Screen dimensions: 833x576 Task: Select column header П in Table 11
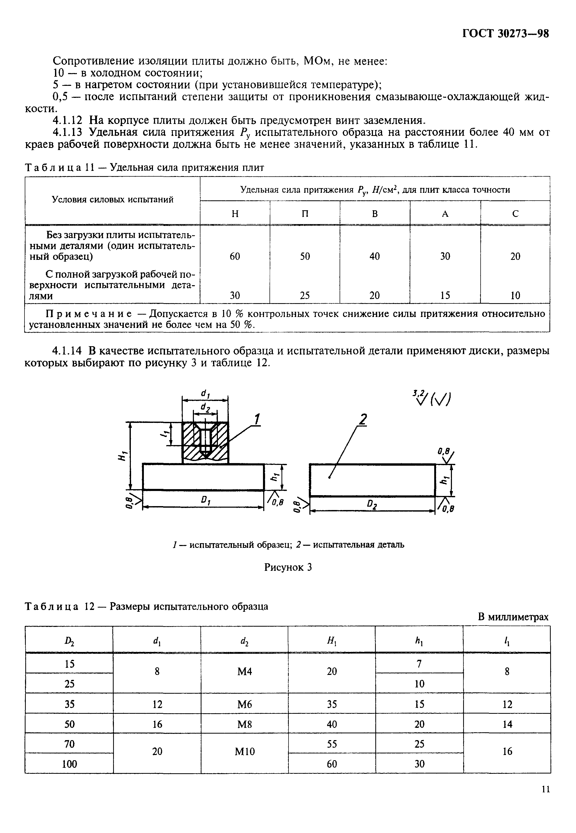(305, 214)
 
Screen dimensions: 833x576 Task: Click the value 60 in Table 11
(235, 256)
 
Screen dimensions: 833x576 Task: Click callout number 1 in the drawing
(257, 420)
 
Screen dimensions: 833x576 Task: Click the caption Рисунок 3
(288, 567)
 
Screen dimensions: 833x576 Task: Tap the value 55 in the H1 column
(332, 744)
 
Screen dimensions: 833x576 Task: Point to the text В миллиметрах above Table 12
(513, 617)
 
